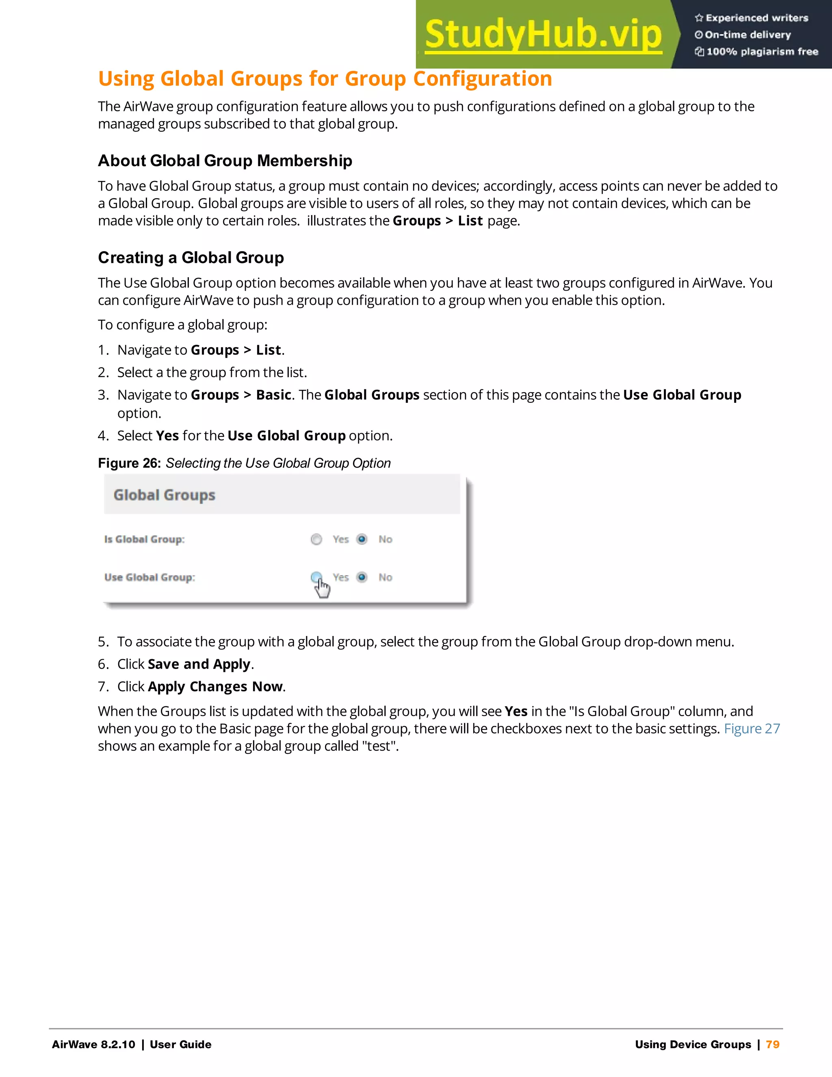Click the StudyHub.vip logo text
pos(543,35)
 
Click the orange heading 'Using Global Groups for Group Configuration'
pos(325,79)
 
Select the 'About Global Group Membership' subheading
pos(225,161)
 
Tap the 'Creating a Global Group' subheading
pos(191,257)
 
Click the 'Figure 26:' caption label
pos(129,463)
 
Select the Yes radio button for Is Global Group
pos(316,539)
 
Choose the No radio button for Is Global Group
pos(362,539)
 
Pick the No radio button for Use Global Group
pos(362,577)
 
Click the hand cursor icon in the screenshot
pos(323,588)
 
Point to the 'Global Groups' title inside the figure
pos(164,495)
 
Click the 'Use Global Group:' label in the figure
pos(149,578)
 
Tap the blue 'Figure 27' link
pos(752,729)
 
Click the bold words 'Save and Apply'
pos(199,664)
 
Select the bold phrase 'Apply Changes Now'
pos(215,686)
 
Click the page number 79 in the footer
pos(772,1044)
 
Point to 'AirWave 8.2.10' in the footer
pos(93,1044)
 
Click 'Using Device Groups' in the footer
pos(693,1044)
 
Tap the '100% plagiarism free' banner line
pos(762,52)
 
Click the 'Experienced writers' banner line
pos(756,18)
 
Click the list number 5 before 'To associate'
pos(102,642)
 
